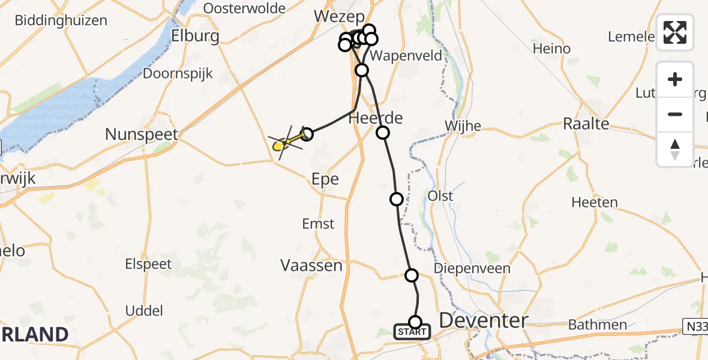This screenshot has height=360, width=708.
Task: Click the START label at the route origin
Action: pyautogui.click(x=412, y=332)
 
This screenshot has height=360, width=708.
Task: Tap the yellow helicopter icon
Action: pyautogui.click(x=279, y=145)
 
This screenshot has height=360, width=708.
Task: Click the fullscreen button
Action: pyautogui.click(x=675, y=32)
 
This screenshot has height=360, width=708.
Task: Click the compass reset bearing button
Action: pyautogui.click(x=675, y=149)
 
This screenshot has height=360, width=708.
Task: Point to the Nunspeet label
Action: pyautogui.click(x=142, y=134)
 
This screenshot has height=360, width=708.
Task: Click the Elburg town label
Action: pyautogui.click(x=195, y=35)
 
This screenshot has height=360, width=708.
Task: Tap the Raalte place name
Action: pyautogui.click(x=586, y=124)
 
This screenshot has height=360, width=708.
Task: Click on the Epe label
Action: pyautogui.click(x=325, y=179)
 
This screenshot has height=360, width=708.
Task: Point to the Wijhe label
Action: pyautogui.click(x=463, y=125)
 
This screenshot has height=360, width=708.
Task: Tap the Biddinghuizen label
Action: pyautogui.click(x=61, y=20)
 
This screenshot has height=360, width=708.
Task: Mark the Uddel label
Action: pyautogui.click(x=144, y=310)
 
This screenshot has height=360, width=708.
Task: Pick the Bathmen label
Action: pyautogui.click(x=598, y=325)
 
